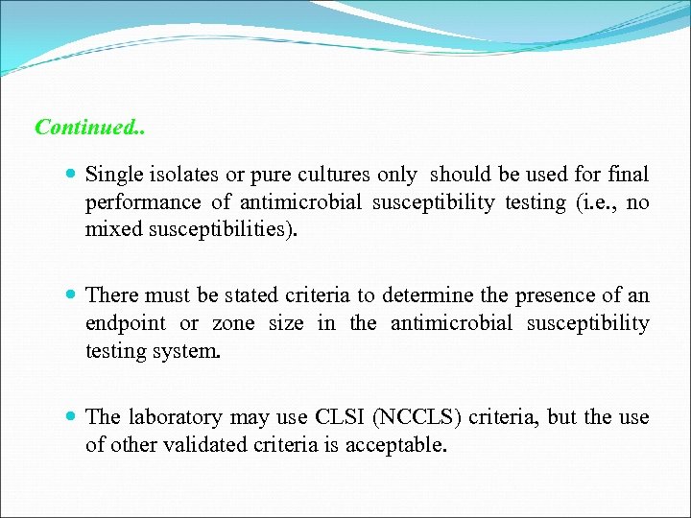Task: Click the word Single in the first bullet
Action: tap(114, 175)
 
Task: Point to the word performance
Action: tap(143, 202)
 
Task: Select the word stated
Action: tap(263, 295)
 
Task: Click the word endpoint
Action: tap(125, 323)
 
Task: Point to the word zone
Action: tap(233, 323)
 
